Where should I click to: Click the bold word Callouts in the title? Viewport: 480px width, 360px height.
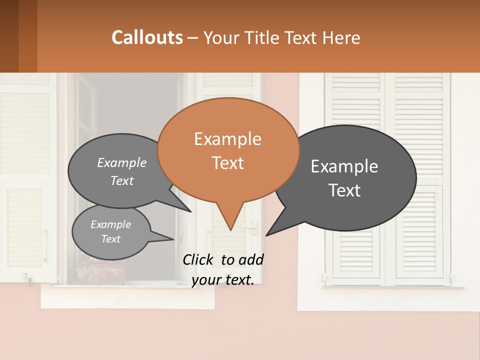click(147, 37)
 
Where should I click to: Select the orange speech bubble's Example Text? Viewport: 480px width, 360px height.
click(228, 150)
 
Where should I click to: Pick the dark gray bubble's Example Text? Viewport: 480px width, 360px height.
click(344, 178)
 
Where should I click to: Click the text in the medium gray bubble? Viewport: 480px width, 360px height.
click(122, 171)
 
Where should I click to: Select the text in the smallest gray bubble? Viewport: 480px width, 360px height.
click(110, 231)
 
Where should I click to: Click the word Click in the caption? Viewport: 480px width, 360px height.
click(198, 259)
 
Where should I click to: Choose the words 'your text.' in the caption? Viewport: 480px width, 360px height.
click(223, 280)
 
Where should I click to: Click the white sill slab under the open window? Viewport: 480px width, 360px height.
click(127, 297)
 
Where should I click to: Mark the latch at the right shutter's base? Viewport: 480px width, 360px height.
click(448, 276)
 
